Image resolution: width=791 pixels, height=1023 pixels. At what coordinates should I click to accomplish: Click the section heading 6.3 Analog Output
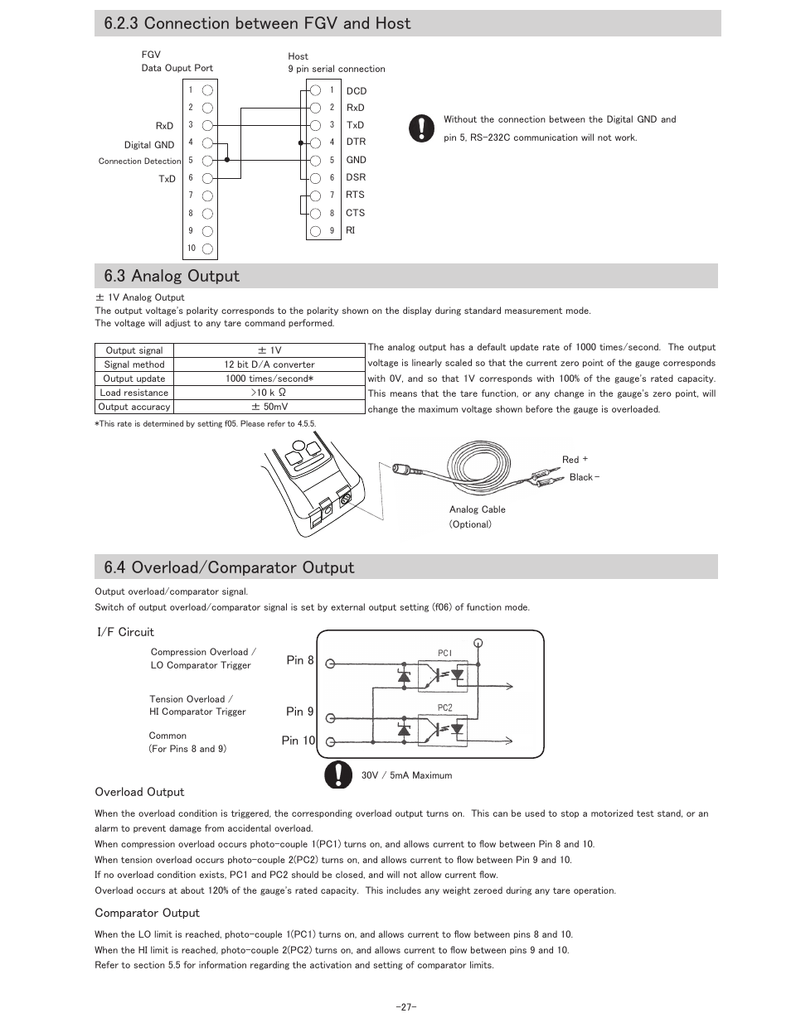pos(172,276)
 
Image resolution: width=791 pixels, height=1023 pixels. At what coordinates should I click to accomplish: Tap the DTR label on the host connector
pos(356,142)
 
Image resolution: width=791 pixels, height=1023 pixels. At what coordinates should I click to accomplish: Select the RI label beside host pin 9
pos(350,229)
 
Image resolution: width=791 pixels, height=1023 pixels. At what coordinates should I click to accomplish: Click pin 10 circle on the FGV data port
pos(207,249)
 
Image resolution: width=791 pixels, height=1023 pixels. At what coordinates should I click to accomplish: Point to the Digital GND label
pos(149,145)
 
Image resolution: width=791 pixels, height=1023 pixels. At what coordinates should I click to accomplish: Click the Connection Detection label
pos(139,162)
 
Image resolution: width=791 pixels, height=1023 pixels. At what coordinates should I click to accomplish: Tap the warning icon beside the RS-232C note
pos(421,128)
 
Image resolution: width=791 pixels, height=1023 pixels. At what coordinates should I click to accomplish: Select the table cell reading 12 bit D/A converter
pos(269,364)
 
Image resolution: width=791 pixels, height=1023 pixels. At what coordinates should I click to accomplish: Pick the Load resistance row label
pos(134,393)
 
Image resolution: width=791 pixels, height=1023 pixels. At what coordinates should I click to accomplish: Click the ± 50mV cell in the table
pos(269,407)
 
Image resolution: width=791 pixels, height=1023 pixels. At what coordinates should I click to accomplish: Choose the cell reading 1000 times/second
pos(269,379)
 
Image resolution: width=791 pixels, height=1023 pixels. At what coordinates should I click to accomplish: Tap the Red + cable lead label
pos(575,460)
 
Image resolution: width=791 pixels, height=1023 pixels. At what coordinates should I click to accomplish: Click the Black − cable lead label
pos(584,477)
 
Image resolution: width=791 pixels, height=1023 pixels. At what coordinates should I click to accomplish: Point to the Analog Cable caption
pos(477,509)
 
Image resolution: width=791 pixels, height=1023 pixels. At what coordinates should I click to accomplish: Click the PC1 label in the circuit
pos(445,654)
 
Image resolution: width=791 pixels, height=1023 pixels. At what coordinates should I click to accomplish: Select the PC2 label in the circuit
pos(445,708)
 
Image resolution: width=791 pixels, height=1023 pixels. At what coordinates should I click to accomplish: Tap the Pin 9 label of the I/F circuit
pos(300,712)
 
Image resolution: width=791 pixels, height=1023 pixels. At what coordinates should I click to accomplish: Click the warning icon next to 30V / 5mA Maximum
pos(338,774)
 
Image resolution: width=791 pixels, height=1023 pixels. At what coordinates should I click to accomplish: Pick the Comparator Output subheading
pos(147,913)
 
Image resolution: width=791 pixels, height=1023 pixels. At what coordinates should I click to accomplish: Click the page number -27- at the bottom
pos(405,1007)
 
